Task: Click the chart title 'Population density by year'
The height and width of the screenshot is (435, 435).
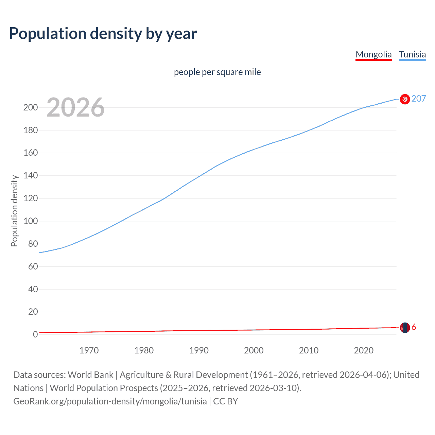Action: pyautogui.click(x=103, y=33)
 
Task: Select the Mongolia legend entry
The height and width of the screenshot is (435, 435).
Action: pyautogui.click(x=373, y=54)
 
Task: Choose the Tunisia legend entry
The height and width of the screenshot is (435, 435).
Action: pyautogui.click(x=412, y=54)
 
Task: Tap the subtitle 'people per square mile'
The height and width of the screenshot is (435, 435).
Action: pyautogui.click(x=217, y=72)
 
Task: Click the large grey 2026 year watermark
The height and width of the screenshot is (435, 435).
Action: pyautogui.click(x=75, y=107)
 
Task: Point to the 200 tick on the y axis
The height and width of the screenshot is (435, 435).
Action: pyautogui.click(x=31, y=107)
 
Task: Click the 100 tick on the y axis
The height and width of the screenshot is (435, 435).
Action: pyautogui.click(x=31, y=221)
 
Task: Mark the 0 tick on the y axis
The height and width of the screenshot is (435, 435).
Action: pyautogui.click(x=35, y=335)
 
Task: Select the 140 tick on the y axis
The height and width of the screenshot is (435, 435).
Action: pyautogui.click(x=31, y=176)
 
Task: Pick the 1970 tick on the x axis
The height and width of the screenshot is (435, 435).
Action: pyautogui.click(x=89, y=350)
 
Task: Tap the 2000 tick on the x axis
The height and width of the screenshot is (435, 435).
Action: pyautogui.click(x=254, y=350)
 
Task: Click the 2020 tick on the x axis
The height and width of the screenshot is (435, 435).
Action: pyautogui.click(x=364, y=350)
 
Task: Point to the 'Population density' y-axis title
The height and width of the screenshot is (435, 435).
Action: pyautogui.click(x=14, y=211)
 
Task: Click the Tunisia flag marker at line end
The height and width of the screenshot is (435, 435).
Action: pyautogui.click(x=405, y=99)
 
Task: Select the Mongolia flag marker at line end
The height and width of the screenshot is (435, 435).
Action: pyautogui.click(x=405, y=328)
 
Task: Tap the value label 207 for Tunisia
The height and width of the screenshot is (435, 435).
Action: pyautogui.click(x=419, y=99)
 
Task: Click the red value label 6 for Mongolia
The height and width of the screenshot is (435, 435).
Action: pyautogui.click(x=414, y=327)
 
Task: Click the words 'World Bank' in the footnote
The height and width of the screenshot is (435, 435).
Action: pyautogui.click(x=90, y=375)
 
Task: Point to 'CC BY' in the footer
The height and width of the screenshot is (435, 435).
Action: pyautogui.click(x=226, y=401)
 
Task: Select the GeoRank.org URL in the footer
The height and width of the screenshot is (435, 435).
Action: pyautogui.click(x=110, y=401)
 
